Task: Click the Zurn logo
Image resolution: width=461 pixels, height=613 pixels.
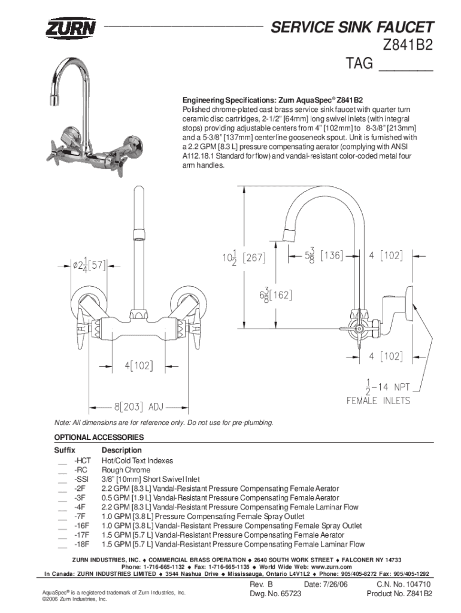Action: tap(71, 28)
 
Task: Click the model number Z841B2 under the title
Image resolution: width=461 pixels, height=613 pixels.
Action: tap(408, 45)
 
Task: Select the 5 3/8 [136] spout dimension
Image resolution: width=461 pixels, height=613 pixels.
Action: tap(324, 256)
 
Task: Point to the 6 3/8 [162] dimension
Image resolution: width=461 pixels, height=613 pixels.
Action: tap(275, 295)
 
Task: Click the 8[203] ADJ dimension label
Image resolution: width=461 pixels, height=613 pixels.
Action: tap(139, 407)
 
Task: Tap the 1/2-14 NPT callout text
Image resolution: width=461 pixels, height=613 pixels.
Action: tap(387, 387)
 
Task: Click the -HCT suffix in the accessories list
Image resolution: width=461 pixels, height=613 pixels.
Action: tap(83, 460)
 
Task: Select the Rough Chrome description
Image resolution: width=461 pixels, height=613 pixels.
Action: tap(126, 470)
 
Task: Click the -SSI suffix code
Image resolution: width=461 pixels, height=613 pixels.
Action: tap(81, 480)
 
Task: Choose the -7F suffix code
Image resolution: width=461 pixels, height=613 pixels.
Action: tap(80, 517)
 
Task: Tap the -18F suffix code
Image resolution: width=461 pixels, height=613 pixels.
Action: tap(81, 544)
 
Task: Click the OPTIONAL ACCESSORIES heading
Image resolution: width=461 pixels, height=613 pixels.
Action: tap(99, 437)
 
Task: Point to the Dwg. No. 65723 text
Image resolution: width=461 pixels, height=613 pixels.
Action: tap(275, 594)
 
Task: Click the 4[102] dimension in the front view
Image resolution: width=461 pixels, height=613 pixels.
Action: tap(139, 366)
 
